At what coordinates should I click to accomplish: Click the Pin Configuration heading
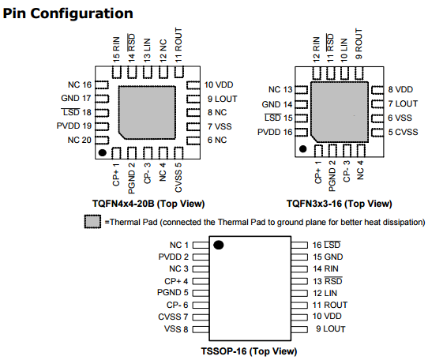tap(68, 13)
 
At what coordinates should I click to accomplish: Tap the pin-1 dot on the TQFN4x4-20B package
tap(103, 153)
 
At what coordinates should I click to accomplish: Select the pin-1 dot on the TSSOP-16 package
tap(219, 245)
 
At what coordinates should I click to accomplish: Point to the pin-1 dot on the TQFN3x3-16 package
tap(302, 148)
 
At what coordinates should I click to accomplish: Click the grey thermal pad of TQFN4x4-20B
tap(147, 113)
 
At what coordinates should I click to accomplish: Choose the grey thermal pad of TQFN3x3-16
tap(340, 112)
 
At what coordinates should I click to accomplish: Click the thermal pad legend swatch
tap(92, 222)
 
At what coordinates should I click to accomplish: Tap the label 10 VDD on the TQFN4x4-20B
tap(219, 85)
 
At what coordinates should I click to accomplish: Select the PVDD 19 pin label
tap(74, 126)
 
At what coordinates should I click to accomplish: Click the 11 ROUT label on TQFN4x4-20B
tap(178, 44)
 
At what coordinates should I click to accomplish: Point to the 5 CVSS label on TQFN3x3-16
tap(403, 132)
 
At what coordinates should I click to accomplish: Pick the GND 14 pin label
tap(277, 104)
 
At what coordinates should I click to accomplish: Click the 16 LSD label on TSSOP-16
tap(326, 245)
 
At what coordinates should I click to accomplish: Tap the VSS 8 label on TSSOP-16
tap(176, 329)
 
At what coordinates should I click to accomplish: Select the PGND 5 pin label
tap(173, 293)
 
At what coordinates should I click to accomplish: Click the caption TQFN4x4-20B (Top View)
tap(148, 204)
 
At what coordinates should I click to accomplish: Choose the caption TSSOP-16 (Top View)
tap(249, 351)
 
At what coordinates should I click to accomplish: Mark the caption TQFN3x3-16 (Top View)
tap(340, 204)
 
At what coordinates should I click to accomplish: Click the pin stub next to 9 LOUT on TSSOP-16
tap(299, 329)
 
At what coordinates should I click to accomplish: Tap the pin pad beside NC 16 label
tap(102, 85)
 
